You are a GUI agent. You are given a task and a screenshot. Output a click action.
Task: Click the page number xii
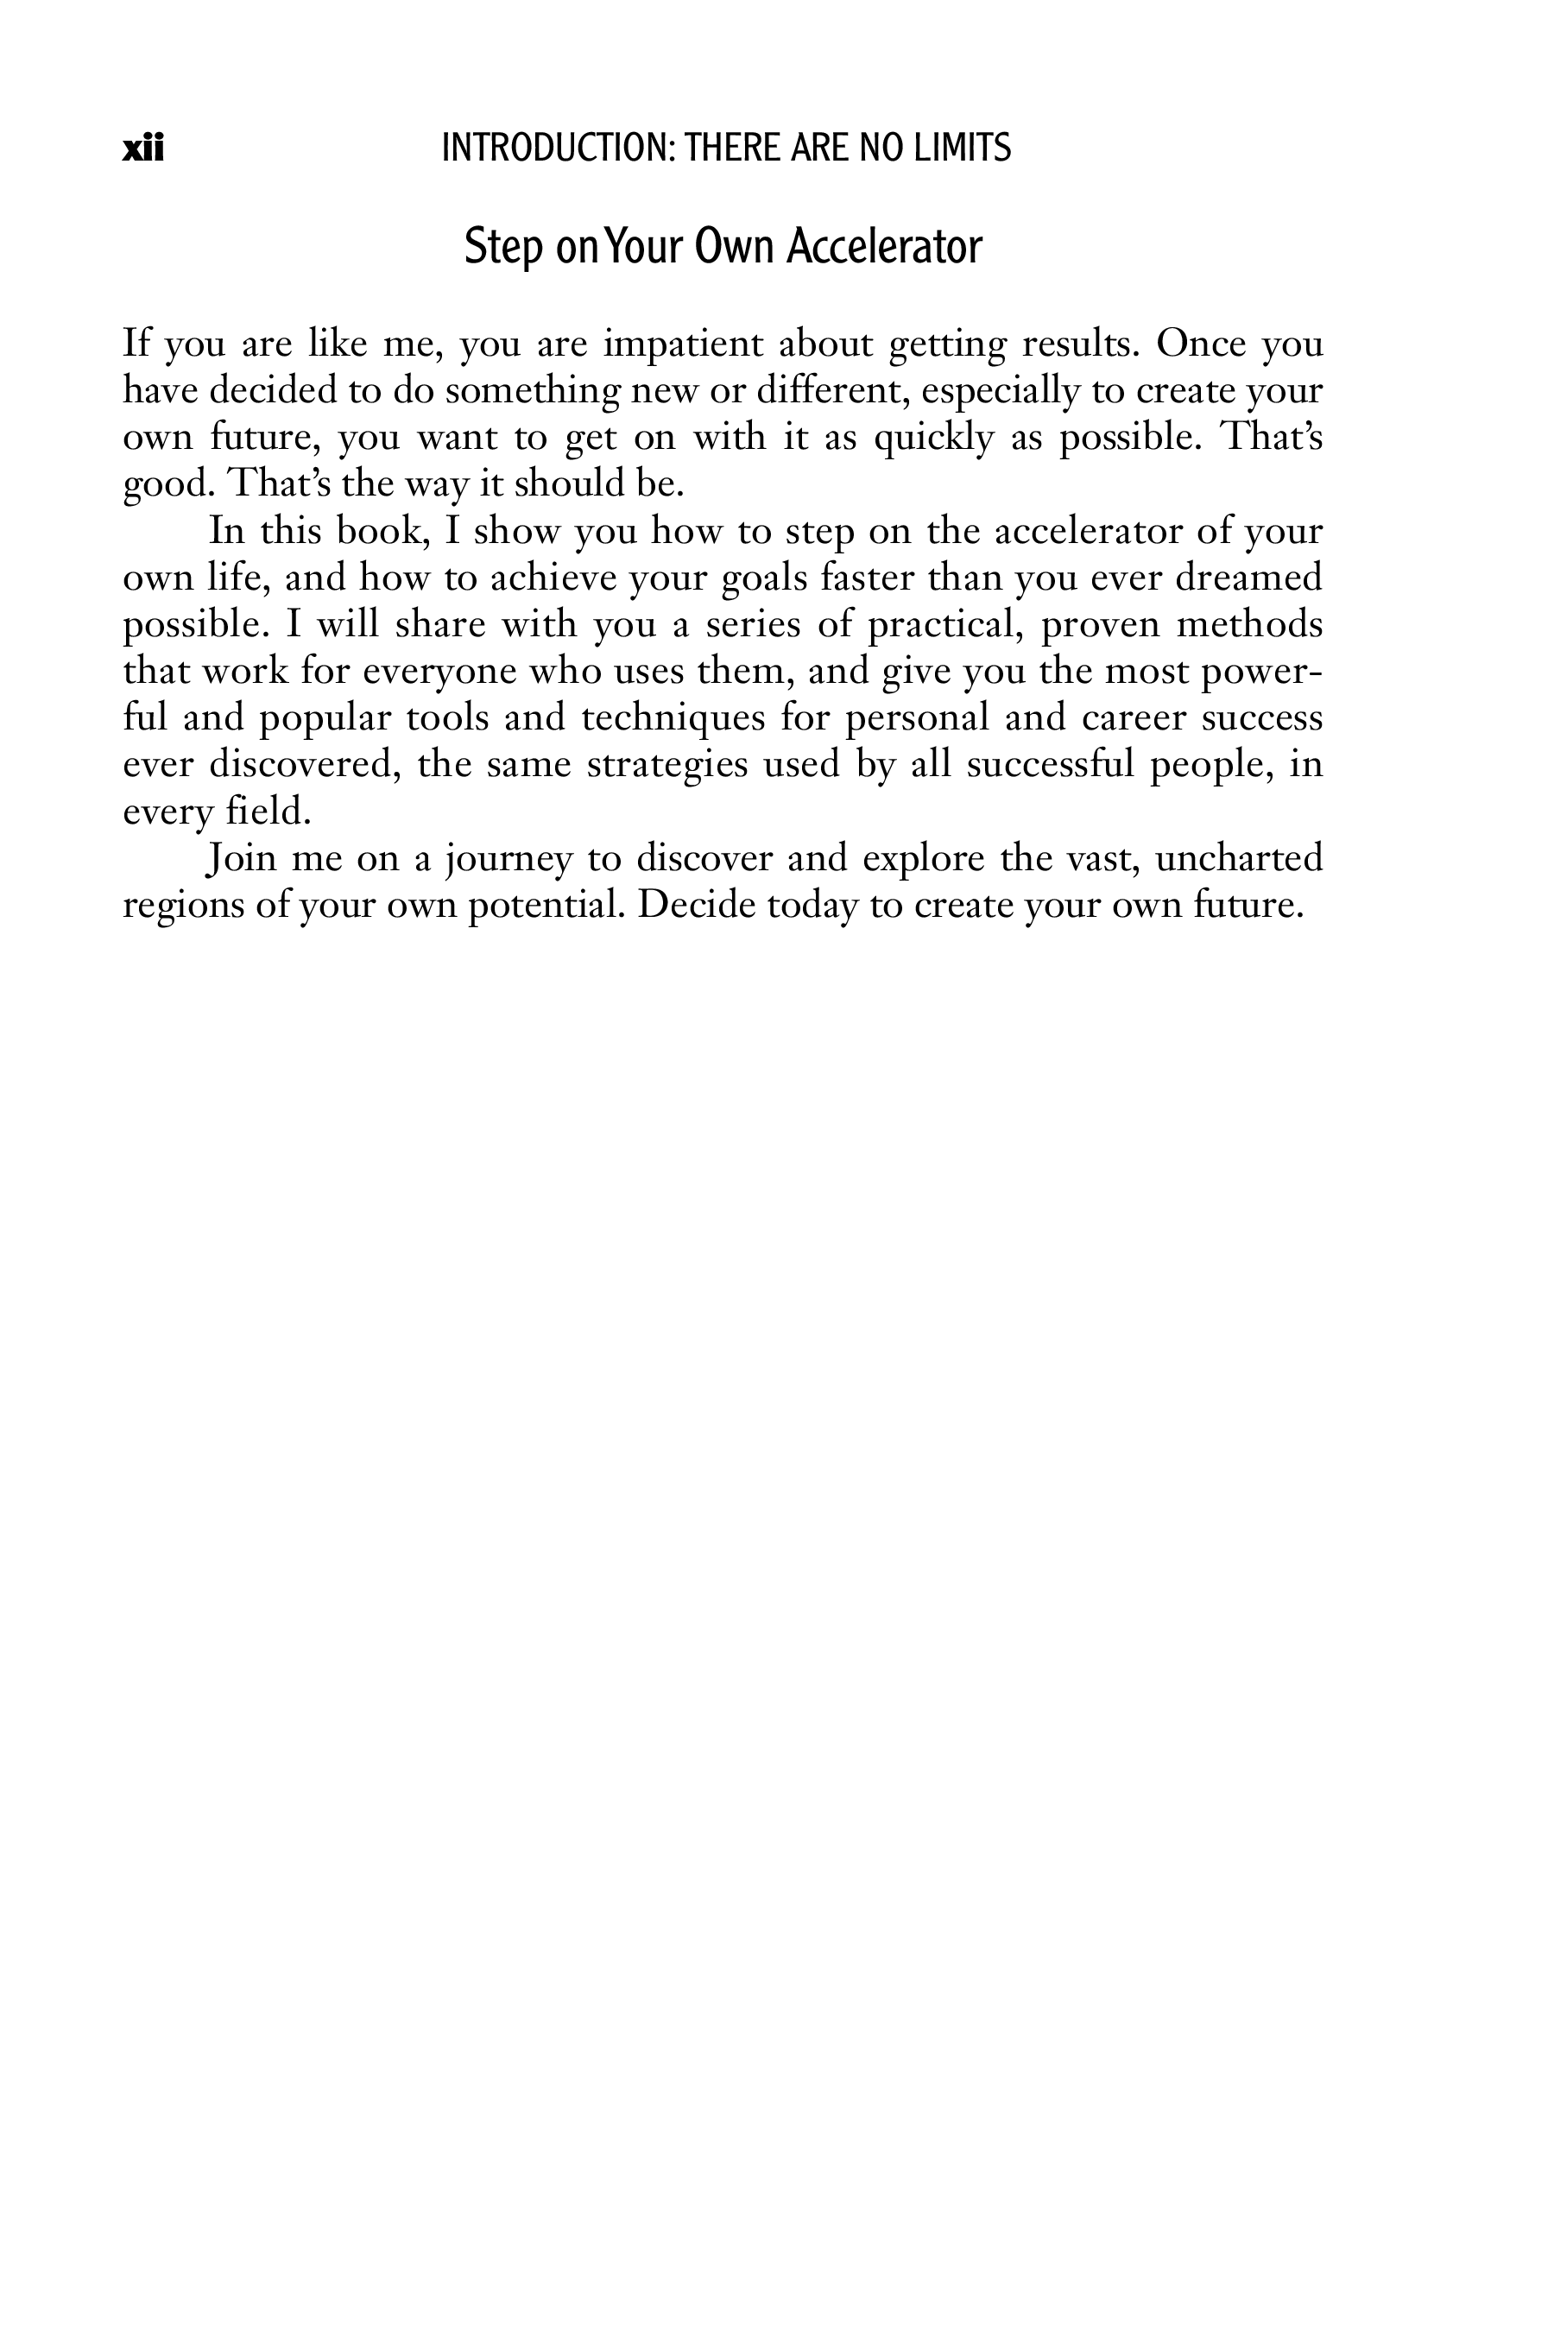142,148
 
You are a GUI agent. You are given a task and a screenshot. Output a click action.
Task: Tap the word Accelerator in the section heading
884,247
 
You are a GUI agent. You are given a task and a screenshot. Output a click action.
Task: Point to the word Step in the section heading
503,249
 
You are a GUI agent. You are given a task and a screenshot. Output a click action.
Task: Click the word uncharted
1239,858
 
